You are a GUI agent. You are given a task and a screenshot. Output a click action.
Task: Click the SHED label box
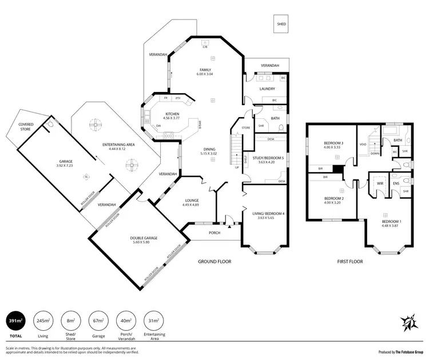pos(281,25)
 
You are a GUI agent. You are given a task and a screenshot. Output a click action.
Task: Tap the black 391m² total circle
pos(16,321)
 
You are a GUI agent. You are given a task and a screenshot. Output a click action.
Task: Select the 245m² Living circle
pos(43,321)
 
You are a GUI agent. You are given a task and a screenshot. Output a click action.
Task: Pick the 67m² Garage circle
pos(98,321)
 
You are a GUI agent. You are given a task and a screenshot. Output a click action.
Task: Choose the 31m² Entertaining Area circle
pos(154,321)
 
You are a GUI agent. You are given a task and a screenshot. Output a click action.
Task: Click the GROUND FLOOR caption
pos(214,261)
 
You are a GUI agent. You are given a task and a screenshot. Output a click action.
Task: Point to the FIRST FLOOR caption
pos(349,261)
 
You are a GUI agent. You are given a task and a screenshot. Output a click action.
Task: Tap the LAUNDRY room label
pos(267,89)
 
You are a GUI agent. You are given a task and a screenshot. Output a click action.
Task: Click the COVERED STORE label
pos(26,126)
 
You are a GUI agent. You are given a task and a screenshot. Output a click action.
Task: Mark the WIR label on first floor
pos(380,183)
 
